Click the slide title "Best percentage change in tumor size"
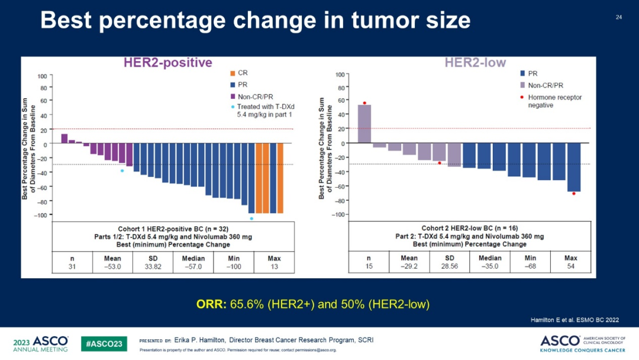click(255, 21)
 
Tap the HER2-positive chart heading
click(167, 63)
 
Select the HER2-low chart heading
click(475, 63)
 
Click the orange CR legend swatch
click(233, 73)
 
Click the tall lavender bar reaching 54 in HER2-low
click(364, 124)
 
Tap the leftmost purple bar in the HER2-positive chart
click(64, 139)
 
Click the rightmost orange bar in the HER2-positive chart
click(280, 178)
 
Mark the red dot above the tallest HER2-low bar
click(364, 103)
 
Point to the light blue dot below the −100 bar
click(251, 218)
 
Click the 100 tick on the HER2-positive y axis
click(42, 76)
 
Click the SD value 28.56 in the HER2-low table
click(450, 267)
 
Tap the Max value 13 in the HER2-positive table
click(274, 267)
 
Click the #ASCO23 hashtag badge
click(104, 343)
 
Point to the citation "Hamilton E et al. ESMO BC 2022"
click(573, 320)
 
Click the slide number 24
click(619, 17)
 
